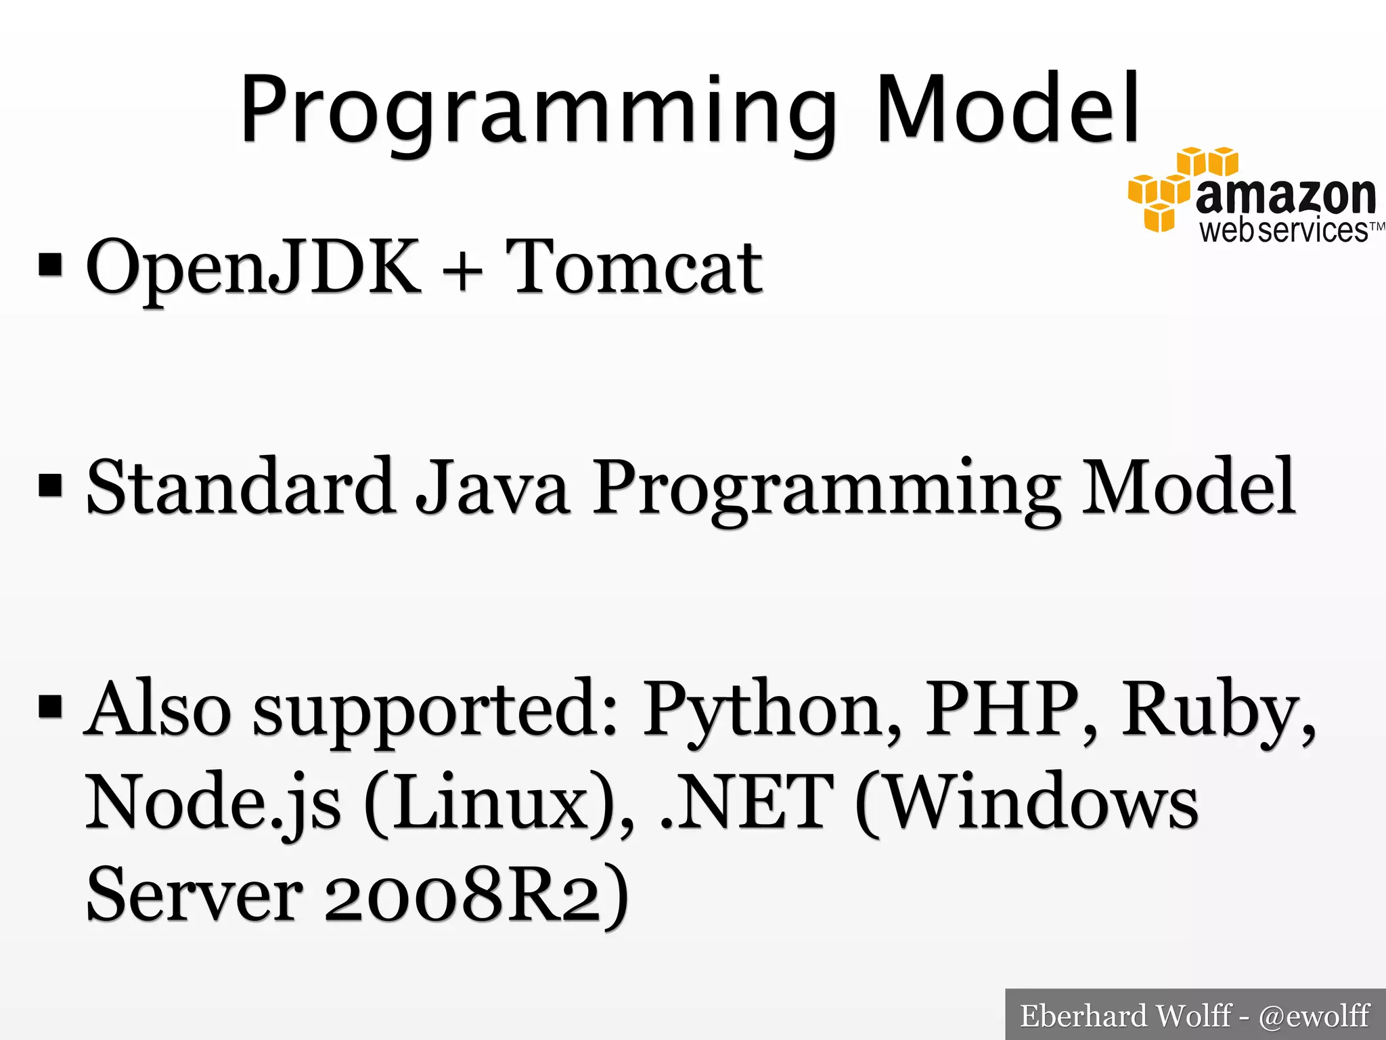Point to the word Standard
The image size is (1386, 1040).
point(240,487)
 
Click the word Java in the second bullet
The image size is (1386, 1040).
point(492,487)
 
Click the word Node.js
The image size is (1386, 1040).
point(213,803)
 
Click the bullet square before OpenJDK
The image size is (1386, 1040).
point(51,267)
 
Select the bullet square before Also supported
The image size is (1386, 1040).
point(51,706)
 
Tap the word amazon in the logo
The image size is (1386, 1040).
point(1285,196)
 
